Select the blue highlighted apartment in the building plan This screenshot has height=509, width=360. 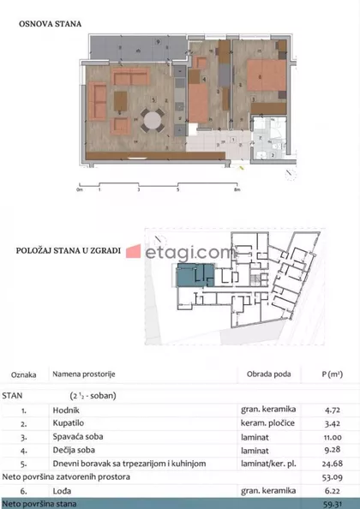(191, 276)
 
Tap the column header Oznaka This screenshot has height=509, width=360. (24, 374)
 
